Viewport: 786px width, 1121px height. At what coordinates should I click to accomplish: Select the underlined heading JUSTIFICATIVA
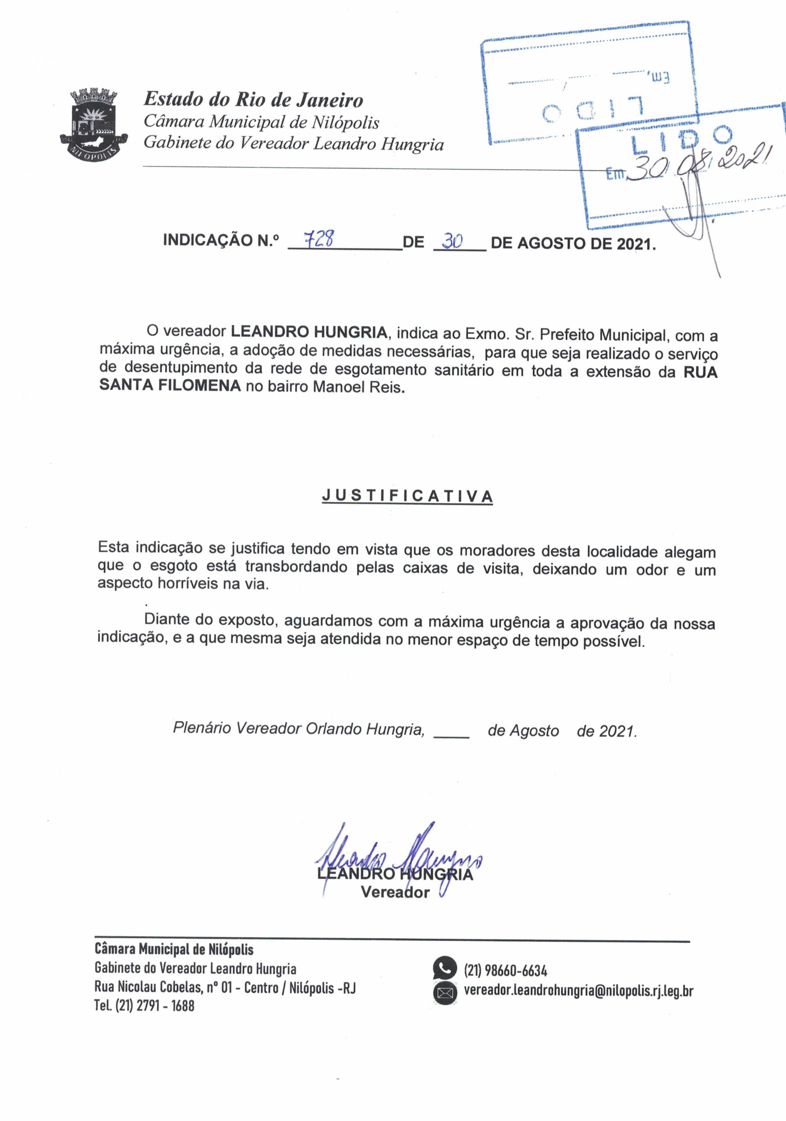click(x=407, y=496)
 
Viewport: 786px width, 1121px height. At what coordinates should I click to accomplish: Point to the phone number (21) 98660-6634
click(x=505, y=969)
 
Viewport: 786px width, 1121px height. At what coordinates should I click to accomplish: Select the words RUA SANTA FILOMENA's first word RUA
click(x=700, y=372)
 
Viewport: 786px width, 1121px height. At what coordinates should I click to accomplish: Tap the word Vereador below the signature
click(x=395, y=892)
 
